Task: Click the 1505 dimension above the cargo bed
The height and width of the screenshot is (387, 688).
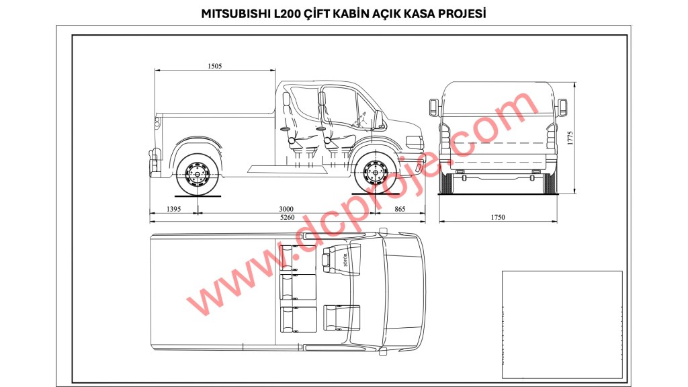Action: click(214, 67)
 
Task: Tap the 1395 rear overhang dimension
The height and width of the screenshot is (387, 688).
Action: click(174, 210)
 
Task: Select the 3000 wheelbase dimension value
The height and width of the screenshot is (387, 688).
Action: click(286, 210)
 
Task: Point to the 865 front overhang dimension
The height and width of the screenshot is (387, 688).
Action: click(400, 210)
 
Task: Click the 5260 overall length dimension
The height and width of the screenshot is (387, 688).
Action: click(288, 217)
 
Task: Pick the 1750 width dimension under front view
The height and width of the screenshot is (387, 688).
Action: click(498, 217)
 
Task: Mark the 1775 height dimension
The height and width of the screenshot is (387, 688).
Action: click(570, 138)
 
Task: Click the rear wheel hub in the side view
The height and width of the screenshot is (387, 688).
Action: click(197, 175)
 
